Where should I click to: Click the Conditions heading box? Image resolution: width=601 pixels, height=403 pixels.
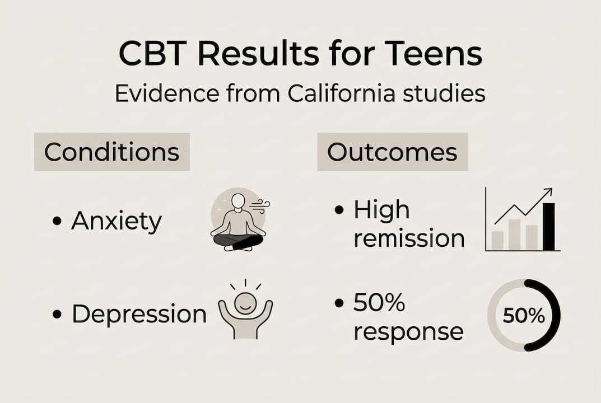click(x=112, y=152)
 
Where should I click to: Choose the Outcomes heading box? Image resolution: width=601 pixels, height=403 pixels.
click(x=392, y=152)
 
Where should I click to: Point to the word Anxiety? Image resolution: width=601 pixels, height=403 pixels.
click(x=116, y=222)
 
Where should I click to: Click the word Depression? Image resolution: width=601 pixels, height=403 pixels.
click(x=139, y=314)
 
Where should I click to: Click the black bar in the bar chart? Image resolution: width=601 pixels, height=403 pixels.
click(x=548, y=227)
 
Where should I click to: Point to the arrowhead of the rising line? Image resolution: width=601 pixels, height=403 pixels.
click(x=548, y=191)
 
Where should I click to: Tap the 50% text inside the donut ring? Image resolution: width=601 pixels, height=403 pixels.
click(x=524, y=316)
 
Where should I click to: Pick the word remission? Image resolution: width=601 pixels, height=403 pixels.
click(x=409, y=239)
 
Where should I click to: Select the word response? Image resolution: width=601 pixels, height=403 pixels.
click(x=408, y=332)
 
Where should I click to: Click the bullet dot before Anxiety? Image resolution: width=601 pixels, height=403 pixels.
click(x=57, y=222)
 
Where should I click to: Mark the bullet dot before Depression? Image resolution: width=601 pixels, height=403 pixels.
click(x=57, y=314)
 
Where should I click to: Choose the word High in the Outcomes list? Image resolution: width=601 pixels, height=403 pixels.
click(x=381, y=210)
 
